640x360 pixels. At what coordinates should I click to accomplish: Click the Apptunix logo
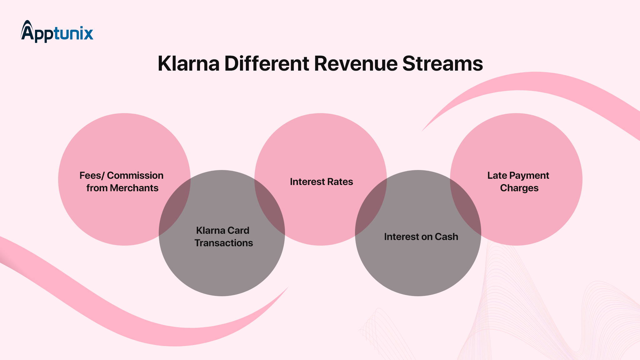[57, 32]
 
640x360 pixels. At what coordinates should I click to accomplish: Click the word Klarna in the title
[188, 64]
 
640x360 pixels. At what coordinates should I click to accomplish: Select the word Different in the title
[267, 64]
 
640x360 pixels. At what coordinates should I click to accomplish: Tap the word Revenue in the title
[356, 64]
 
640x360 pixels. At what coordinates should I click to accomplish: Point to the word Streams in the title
[442, 64]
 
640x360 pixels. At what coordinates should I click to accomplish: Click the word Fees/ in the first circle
[92, 176]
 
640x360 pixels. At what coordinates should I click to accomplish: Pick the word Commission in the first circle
[135, 176]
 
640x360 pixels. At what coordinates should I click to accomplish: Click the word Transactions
[224, 243]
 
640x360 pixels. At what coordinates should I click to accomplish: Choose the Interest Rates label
[321, 182]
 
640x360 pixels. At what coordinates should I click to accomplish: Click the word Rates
[339, 182]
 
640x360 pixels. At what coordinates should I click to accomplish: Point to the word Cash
[446, 237]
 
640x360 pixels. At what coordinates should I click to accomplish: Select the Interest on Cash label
[421, 237]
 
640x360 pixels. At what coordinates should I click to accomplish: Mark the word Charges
[519, 188]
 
